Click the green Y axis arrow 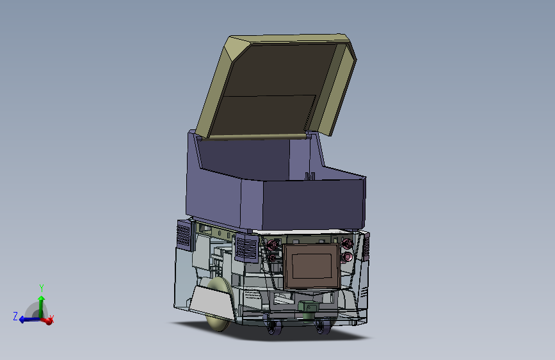(x=41, y=304)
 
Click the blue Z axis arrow (x=27, y=319)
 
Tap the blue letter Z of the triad (x=15, y=315)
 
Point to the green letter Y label (x=41, y=287)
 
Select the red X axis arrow (x=47, y=320)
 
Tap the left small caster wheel (x=273, y=328)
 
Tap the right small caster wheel (x=321, y=327)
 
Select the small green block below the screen (x=310, y=309)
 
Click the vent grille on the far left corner (x=184, y=234)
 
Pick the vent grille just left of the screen (x=245, y=247)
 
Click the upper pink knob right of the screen (x=346, y=243)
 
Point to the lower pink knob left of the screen (x=273, y=258)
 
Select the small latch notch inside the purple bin (x=310, y=175)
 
